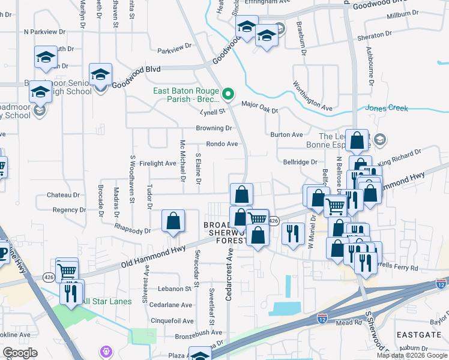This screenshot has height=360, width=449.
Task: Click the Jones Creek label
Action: coord(386,109)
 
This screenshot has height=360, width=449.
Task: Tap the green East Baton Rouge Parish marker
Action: coord(228,94)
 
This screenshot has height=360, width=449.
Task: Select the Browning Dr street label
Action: coord(214,128)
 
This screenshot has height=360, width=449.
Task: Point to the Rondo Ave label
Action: coord(222,144)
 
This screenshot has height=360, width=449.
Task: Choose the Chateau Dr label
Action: coord(63,195)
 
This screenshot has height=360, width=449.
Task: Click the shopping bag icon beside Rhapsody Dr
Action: coord(173,221)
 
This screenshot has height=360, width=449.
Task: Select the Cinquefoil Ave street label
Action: coord(172,321)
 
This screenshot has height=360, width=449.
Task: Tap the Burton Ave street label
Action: coord(286,135)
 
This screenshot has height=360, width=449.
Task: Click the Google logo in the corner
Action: coord(20,353)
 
